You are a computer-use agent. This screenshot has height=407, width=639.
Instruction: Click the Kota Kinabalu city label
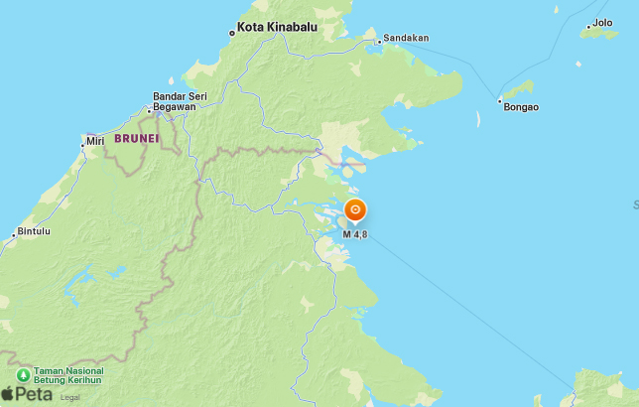pyautogui.click(x=277, y=28)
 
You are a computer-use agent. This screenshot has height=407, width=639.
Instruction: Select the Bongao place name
pyautogui.click(x=521, y=106)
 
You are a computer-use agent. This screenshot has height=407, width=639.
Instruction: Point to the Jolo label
pyautogui.click(x=601, y=23)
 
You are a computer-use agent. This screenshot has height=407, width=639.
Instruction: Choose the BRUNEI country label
pyautogui.click(x=136, y=138)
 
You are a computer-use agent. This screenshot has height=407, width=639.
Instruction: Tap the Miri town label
pyautogui.click(x=96, y=142)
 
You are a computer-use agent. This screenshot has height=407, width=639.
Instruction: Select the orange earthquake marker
pyautogui.click(x=355, y=210)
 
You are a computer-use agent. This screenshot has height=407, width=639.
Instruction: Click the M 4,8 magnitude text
pyautogui.click(x=355, y=234)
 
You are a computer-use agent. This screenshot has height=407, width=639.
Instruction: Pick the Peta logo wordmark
pyautogui.click(x=35, y=393)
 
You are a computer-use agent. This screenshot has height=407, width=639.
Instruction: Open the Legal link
pyautogui.click(x=69, y=397)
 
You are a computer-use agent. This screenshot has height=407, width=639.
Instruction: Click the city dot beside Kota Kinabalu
pyautogui.click(x=232, y=32)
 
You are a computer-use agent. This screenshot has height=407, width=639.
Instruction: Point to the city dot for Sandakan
pyautogui.click(x=378, y=41)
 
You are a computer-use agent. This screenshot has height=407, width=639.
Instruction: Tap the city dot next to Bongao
pyautogui.click(x=498, y=100)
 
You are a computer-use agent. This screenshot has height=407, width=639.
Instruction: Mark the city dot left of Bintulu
pyautogui.click(x=15, y=234)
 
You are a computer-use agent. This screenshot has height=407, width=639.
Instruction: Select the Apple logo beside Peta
pyautogui.click(x=8, y=392)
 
